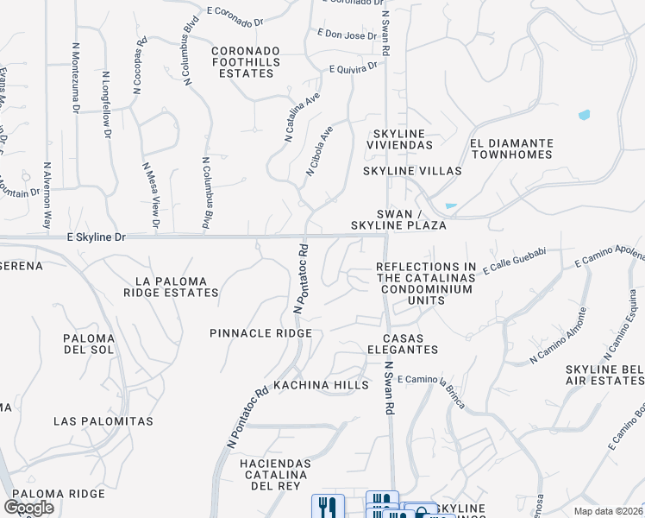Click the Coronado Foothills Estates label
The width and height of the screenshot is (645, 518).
coord(255,62)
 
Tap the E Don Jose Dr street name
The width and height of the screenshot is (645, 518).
coord(347,35)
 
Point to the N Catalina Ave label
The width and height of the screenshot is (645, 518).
coord(297,119)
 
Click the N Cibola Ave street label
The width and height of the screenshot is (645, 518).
coord(319,152)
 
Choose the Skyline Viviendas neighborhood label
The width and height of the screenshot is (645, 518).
coord(403,139)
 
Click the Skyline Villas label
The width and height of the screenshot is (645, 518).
coord(412,171)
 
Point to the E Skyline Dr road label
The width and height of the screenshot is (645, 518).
coord(96,236)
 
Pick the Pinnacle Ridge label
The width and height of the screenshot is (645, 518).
coord(260,332)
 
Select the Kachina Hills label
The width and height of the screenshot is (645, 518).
coord(321,385)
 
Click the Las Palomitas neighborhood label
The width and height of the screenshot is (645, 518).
coord(103,421)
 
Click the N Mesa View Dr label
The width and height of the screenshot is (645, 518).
coord(150,197)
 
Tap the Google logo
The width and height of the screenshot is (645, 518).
coord(28,508)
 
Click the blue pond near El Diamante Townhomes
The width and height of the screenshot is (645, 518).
coord(585,115)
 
